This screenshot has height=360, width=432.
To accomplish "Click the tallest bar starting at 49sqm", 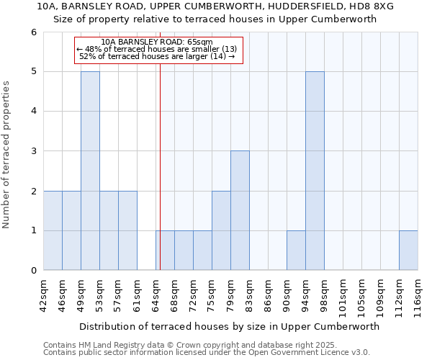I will click(x=90, y=171).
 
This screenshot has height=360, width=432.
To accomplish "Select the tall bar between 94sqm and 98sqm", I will click(x=315, y=171).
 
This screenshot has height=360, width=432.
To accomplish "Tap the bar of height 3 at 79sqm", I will click(x=240, y=210).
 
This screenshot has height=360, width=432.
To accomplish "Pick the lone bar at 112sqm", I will click(x=408, y=251).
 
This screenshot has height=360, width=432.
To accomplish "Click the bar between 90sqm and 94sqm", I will click(x=296, y=251).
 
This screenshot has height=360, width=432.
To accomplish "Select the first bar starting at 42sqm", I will click(x=53, y=230).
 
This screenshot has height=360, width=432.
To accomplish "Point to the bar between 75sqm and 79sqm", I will click(x=221, y=230).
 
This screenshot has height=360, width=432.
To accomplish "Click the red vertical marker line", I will click(x=160, y=166).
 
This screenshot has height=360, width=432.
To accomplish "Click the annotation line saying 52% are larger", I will click(x=157, y=56).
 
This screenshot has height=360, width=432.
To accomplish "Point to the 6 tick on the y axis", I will click(x=34, y=32).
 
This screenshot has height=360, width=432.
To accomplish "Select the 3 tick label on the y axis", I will click(x=34, y=151).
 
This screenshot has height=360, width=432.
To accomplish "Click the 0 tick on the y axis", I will click(x=34, y=271).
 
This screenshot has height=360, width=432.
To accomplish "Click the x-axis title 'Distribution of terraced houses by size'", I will click(x=229, y=326).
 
